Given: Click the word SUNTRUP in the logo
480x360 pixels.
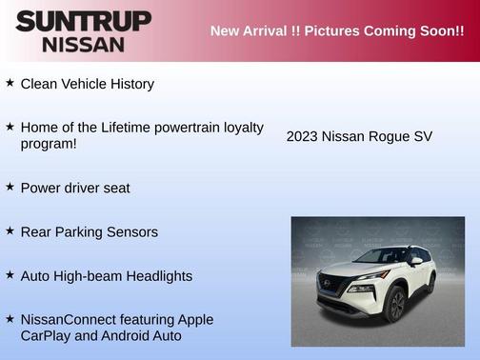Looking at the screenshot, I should point(83,21).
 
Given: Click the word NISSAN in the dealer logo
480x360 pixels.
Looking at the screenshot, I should point(83,43).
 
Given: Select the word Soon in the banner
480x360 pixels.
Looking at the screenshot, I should point(429,31).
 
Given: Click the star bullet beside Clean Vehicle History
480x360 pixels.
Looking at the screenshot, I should point(10,83).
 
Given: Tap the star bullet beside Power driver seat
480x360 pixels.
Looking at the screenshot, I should point(10,187).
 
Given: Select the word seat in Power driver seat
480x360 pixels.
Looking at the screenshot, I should point(114,188).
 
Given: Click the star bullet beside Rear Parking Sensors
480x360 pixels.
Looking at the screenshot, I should point(10,230).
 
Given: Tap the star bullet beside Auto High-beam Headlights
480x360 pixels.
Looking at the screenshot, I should point(10,274).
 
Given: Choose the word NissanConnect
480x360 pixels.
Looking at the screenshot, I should point(70,320).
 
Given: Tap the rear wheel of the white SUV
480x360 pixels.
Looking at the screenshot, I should point(430,283).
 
